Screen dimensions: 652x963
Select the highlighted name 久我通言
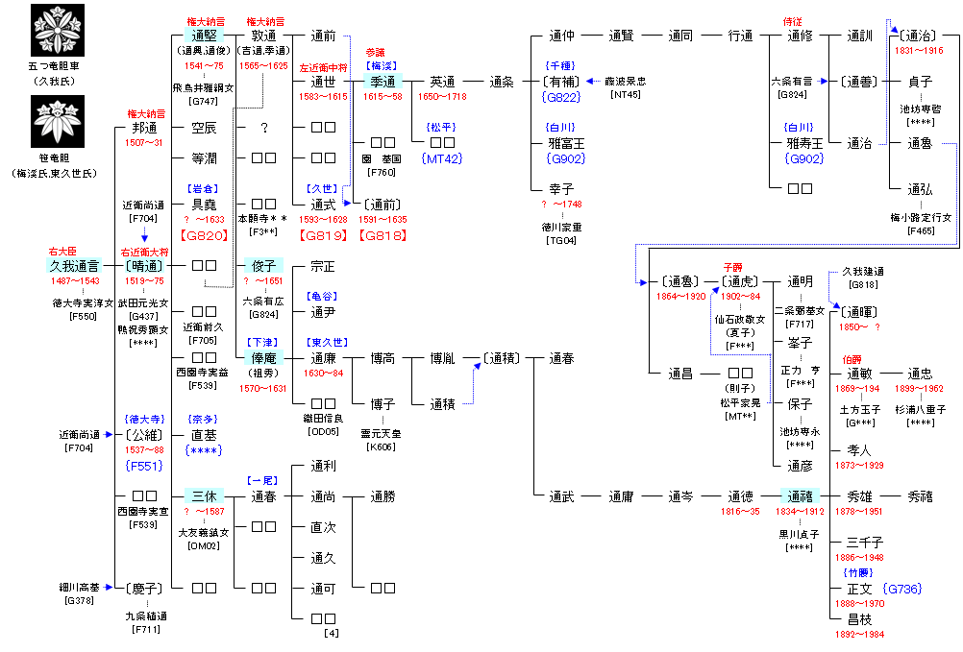click(74, 265)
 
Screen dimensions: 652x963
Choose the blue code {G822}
click(563, 97)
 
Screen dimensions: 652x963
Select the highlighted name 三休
click(202, 496)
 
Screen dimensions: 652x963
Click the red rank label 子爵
click(734, 266)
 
